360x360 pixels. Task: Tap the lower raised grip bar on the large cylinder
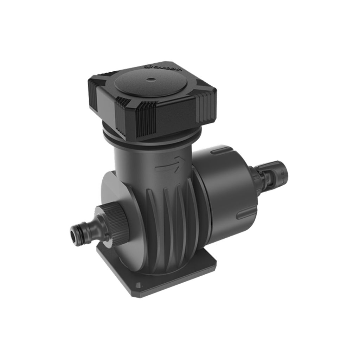point(243,215)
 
